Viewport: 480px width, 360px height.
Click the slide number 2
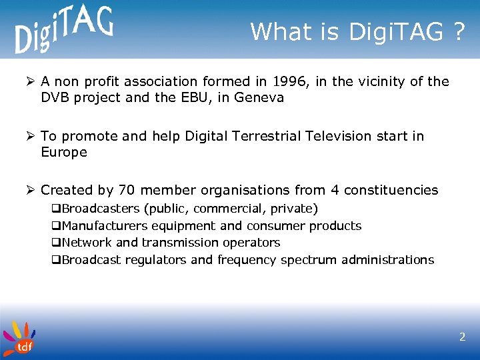tap(462, 337)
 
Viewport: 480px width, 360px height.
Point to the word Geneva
tap(261, 98)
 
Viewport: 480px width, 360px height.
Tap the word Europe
tap(64, 152)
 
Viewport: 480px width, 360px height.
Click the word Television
tap(337, 136)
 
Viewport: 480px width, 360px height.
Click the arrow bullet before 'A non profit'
tap(31, 82)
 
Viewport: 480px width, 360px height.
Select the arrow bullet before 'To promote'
tap(31, 136)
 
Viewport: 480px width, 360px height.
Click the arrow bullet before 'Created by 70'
tap(31, 191)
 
